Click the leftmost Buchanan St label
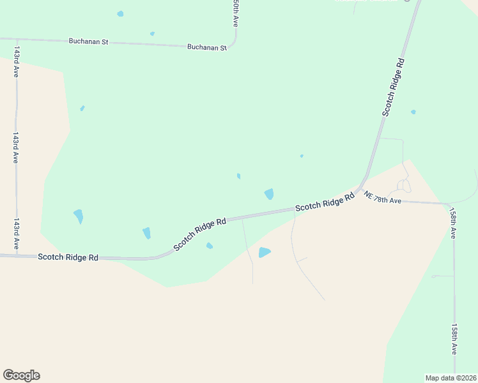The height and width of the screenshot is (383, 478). (x=88, y=41)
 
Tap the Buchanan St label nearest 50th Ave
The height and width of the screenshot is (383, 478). (x=207, y=47)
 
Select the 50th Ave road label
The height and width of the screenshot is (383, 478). (x=236, y=13)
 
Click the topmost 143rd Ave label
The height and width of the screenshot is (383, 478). (x=16, y=62)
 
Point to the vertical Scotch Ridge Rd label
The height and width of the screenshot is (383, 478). (x=394, y=87)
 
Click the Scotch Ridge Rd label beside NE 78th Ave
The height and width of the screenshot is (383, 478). (x=325, y=204)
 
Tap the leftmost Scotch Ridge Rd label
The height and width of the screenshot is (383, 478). (x=68, y=257)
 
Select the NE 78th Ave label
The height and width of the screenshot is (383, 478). (x=383, y=197)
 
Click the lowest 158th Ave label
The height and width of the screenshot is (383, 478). (x=454, y=339)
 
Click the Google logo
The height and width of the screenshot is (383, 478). (x=21, y=375)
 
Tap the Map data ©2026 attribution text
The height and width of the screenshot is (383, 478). (x=451, y=378)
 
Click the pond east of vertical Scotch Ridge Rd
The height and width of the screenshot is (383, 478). (x=413, y=112)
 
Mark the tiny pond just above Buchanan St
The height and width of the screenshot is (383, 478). (x=152, y=34)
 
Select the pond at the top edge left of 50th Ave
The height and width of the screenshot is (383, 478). (x=120, y=13)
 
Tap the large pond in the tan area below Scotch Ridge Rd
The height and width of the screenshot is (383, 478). (x=264, y=253)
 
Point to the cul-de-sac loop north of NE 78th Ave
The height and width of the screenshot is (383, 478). (x=403, y=186)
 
